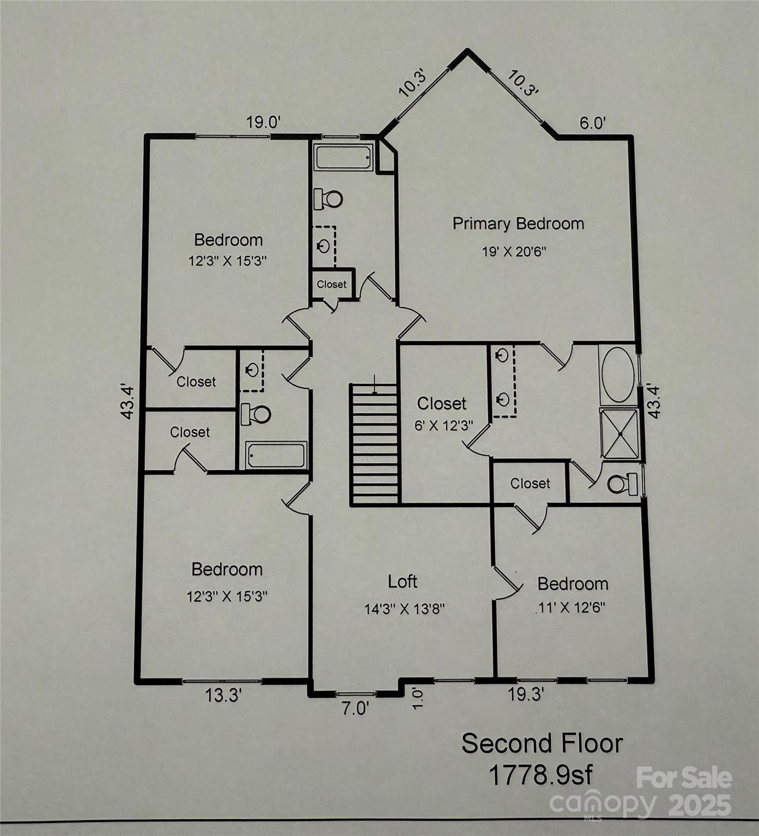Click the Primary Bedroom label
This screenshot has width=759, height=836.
[x=518, y=224]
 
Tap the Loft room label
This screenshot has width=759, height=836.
[x=403, y=581]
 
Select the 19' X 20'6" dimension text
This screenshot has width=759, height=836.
[x=514, y=251]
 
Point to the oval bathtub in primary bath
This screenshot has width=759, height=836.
[x=618, y=374]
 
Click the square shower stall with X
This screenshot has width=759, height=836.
[x=619, y=434]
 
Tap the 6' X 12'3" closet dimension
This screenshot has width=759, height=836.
[x=444, y=426]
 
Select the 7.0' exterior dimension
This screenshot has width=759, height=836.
[x=355, y=709]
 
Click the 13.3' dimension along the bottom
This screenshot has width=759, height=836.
[x=223, y=695]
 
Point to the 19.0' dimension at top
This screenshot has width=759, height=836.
[x=263, y=122]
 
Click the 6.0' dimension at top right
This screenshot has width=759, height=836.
[x=592, y=123]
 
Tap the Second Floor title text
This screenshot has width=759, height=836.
[x=542, y=743]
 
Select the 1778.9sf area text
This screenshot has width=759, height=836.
[x=540, y=774]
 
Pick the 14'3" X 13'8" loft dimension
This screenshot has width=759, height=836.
[x=405, y=608]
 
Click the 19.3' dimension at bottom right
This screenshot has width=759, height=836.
[x=526, y=694]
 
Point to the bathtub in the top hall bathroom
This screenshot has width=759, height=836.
[x=343, y=157]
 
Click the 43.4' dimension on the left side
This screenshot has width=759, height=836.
[x=126, y=402]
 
